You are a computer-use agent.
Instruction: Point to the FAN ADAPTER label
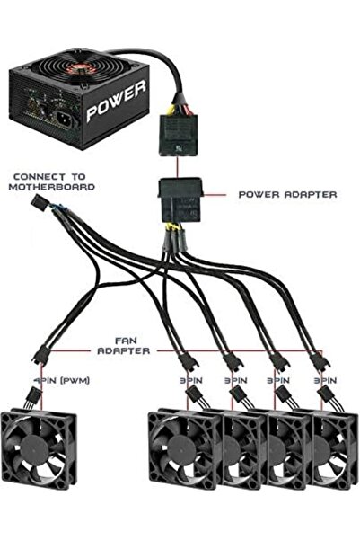pyautogui.click(x=125, y=349)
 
